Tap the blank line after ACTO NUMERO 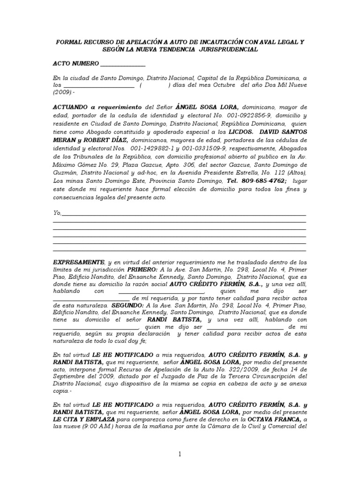coord(123,65)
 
